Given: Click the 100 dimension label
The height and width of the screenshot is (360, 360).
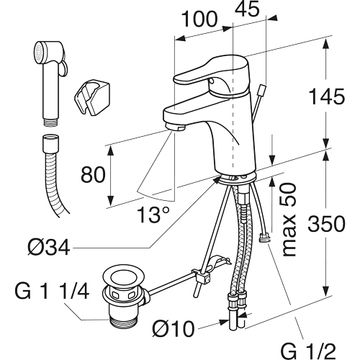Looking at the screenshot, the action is (199, 19).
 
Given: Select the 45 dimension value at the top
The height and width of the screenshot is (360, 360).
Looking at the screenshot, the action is (247, 9).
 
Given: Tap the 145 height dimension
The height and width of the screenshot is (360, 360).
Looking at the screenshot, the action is (327, 96).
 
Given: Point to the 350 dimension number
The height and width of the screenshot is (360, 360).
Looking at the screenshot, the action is (327, 224).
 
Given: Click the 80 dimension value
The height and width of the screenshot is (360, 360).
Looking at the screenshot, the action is (93, 174).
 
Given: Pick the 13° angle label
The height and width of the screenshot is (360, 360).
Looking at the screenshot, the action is (153, 215).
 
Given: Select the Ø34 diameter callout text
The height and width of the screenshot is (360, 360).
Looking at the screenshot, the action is (49, 248).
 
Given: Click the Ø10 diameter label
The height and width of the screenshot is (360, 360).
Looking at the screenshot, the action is (174, 328).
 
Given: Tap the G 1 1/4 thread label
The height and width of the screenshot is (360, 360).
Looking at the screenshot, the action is (52, 291).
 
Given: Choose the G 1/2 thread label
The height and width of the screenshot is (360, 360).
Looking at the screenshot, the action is (308, 351).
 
